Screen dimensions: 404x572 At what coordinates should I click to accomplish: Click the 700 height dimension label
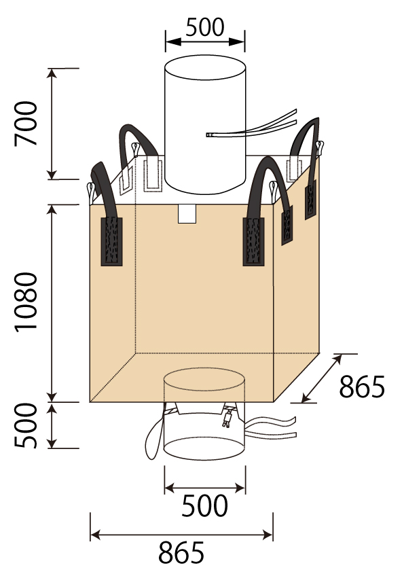[26, 124]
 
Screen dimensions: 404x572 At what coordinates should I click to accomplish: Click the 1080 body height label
[26, 302]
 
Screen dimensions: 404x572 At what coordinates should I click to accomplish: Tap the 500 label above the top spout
[204, 27]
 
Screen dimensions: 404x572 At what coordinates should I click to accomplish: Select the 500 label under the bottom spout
[204, 505]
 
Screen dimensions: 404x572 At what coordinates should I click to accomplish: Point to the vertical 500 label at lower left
[26, 425]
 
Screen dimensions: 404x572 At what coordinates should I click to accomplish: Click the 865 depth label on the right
[362, 387]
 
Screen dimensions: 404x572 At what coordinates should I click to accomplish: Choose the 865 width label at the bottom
[181, 553]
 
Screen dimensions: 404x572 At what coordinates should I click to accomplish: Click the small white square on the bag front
[187, 214]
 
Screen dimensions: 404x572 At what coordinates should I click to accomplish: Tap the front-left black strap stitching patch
[111, 241]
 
